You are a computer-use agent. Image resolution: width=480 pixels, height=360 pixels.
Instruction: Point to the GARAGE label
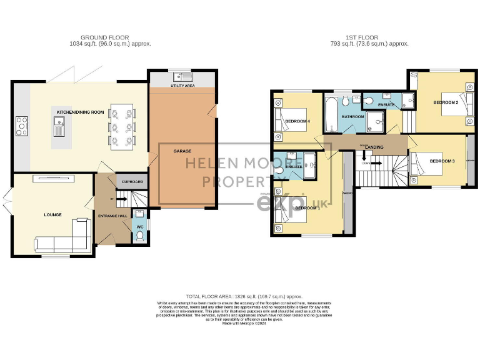[182, 151]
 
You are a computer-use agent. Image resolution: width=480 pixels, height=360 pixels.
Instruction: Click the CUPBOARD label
[132, 182]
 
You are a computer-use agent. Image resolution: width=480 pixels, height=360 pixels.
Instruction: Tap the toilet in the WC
[139, 236]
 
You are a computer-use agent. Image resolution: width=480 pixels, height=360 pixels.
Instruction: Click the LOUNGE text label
[53, 215]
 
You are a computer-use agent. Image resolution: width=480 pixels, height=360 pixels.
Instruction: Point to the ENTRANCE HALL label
[112, 216]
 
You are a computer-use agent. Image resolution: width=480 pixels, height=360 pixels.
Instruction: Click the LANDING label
[374, 147]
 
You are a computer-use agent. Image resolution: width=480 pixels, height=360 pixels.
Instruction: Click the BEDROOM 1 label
[307, 207]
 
